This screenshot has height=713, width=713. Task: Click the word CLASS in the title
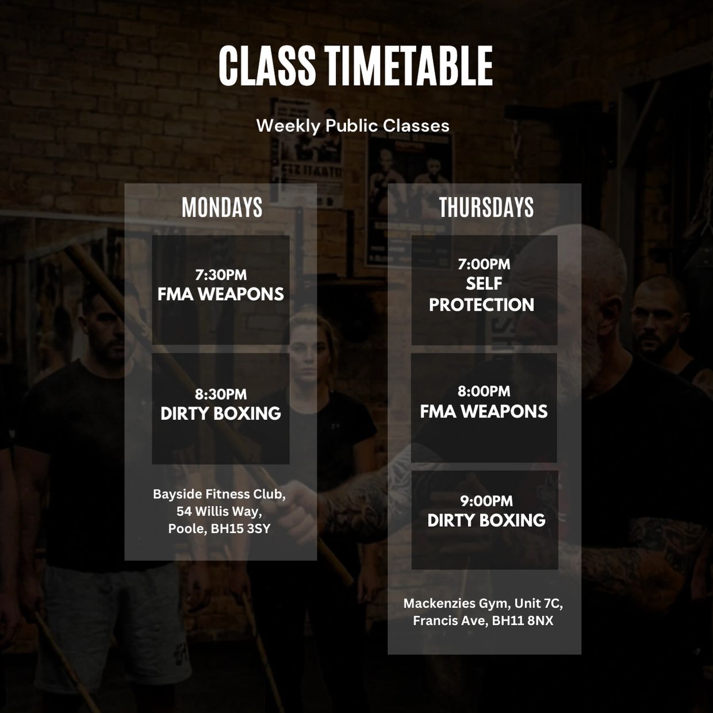[267, 66]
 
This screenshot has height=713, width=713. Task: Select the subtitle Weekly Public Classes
[353, 126]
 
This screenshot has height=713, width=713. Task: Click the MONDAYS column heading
[222, 207]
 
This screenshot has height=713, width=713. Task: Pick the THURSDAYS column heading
[486, 207]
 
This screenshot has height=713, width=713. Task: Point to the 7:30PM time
[221, 275]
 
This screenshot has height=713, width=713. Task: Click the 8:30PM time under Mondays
[221, 394]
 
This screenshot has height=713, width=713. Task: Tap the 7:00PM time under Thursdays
[484, 264]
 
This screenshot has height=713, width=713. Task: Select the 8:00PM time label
[484, 391]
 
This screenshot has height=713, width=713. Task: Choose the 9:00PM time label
[486, 501]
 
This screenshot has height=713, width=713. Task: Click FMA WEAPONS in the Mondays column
[221, 294]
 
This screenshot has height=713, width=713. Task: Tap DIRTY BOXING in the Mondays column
[221, 413]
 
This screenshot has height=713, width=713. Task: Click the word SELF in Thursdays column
[484, 284]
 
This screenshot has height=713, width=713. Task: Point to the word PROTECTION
[482, 305]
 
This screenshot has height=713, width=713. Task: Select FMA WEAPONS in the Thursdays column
[484, 412]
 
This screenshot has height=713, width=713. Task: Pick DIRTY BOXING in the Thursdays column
[486, 520]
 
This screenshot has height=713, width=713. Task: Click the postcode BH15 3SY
[240, 529]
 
